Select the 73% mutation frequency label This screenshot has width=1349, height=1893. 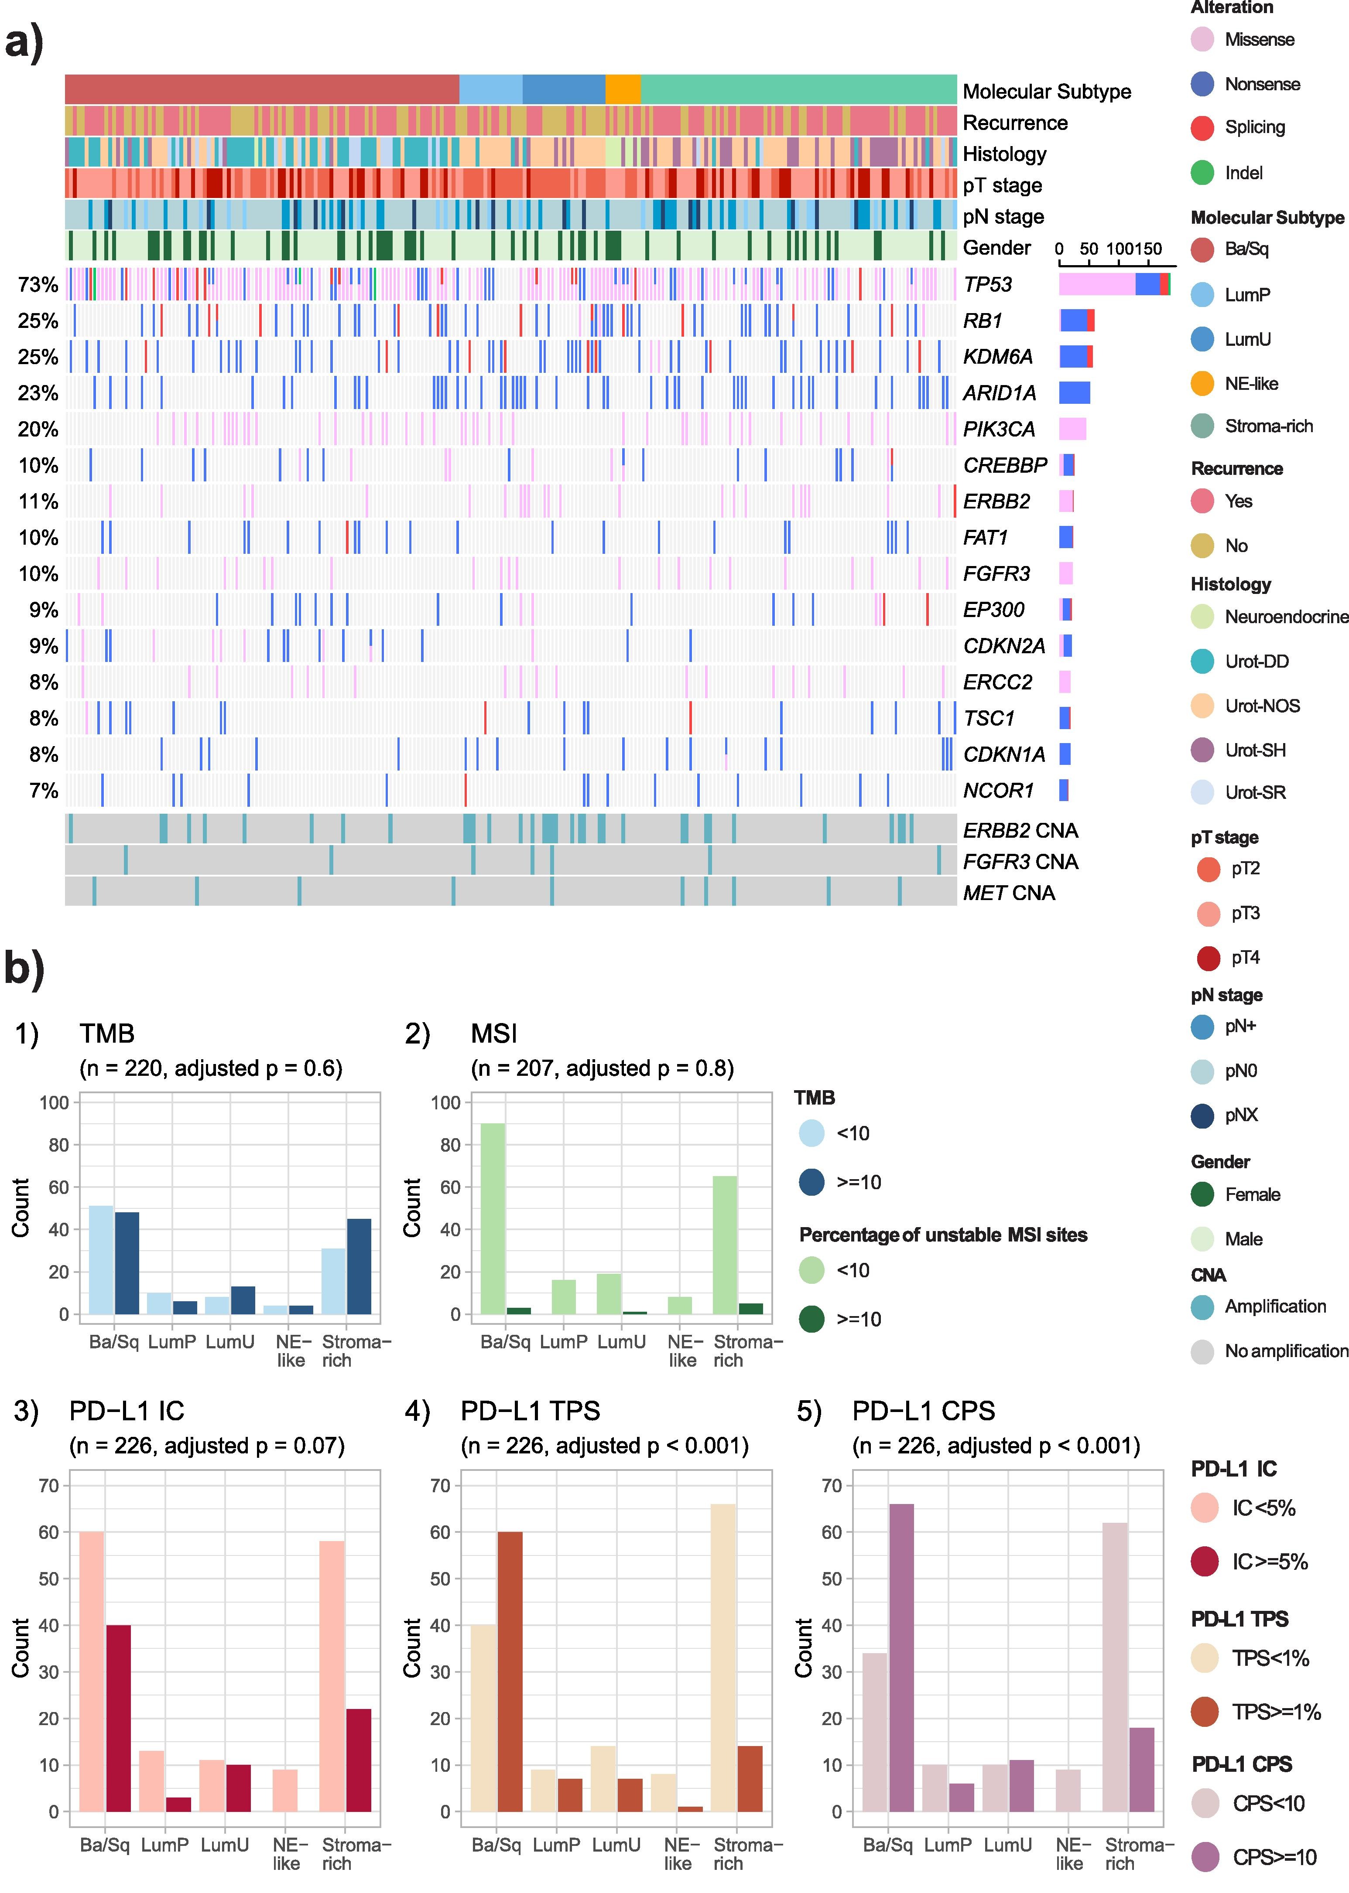point(38,285)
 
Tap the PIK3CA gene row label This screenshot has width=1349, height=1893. point(999,429)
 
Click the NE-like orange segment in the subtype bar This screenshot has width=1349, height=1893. point(623,89)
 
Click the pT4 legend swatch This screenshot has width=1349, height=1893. point(1208,958)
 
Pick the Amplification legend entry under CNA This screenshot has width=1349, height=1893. point(1258,1307)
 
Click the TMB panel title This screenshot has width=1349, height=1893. point(107,1033)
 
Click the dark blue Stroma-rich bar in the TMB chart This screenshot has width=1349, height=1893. point(360,1266)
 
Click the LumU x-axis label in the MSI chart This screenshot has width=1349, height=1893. point(621,1342)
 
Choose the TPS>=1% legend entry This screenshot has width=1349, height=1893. point(1256,1711)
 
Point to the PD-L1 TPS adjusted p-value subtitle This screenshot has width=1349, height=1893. point(605,1446)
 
